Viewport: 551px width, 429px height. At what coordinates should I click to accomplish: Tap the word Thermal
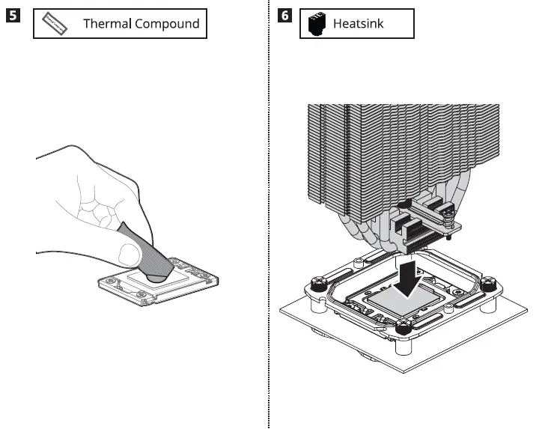point(106,24)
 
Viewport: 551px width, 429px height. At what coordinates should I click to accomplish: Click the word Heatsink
point(358,24)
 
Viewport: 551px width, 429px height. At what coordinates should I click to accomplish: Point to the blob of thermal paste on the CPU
point(158,274)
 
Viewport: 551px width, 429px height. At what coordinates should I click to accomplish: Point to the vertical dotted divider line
point(269,225)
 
